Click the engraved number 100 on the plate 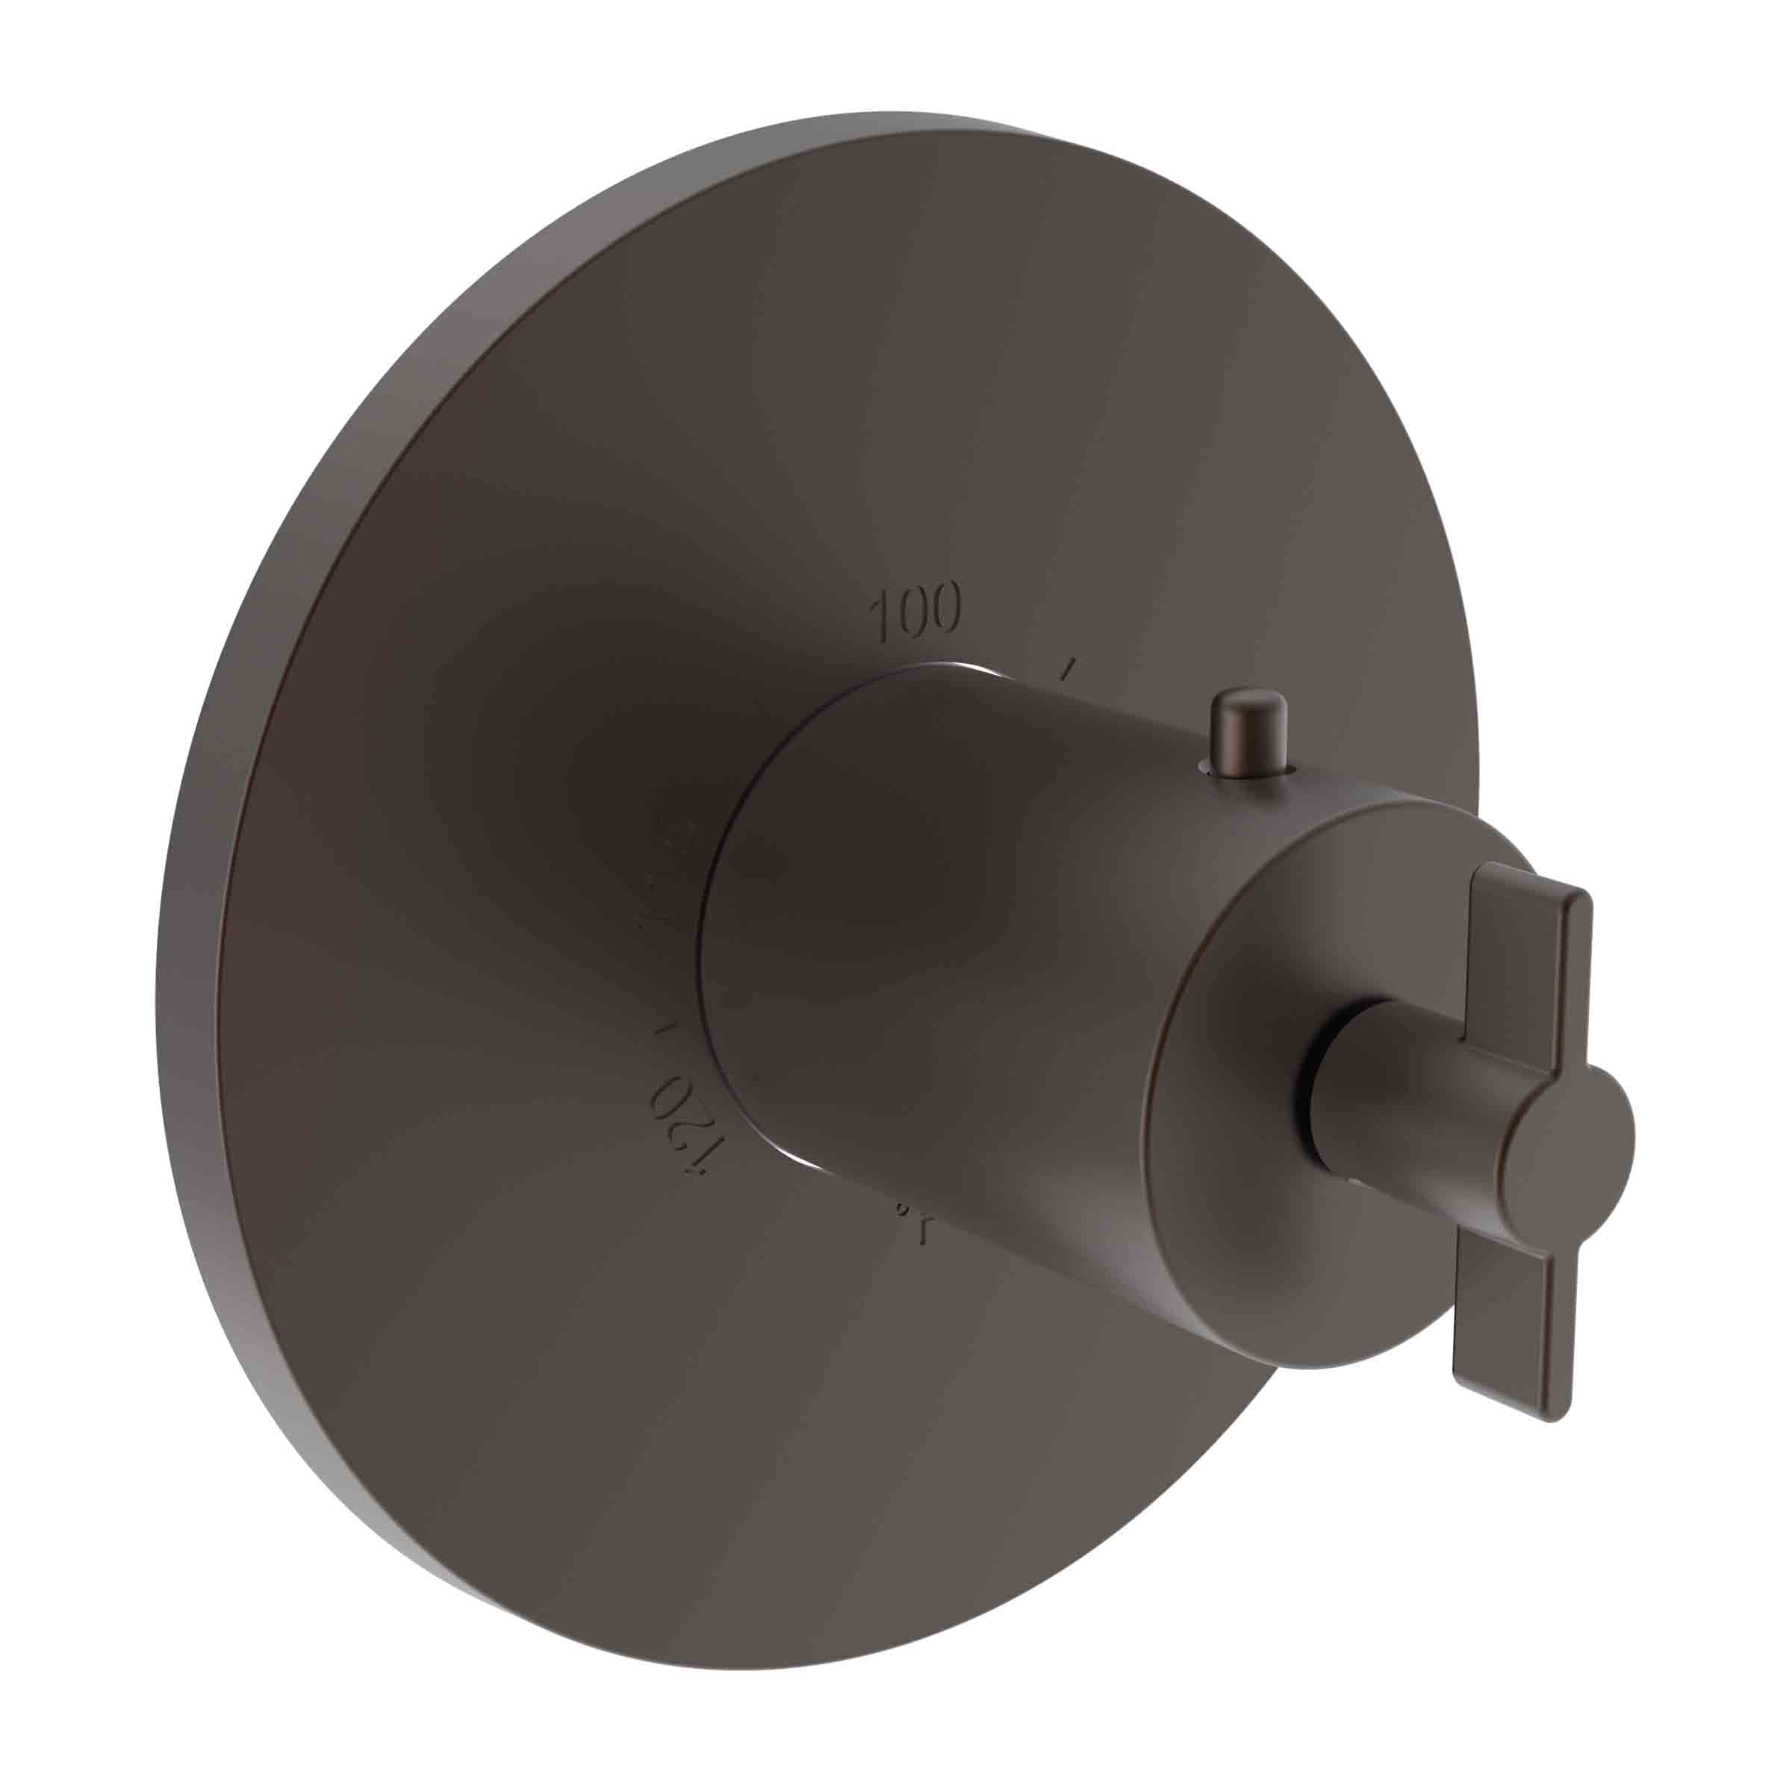pos(915,614)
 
